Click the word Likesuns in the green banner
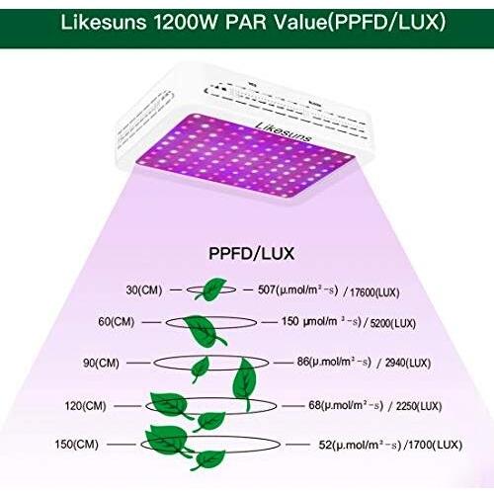coord(104,23)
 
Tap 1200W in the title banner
coord(186,23)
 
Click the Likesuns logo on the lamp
coord(284,131)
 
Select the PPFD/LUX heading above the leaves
coord(252,254)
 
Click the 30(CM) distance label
coord(144,290)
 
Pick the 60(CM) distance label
coord(117,321)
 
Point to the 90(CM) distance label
coord(101,363)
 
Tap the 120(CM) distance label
coord(86,405)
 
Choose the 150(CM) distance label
coord(77,444)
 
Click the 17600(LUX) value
coord(374,292)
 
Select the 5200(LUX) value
coord(393,323)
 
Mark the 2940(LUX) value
coord(408,363)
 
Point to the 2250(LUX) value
coord(419,406)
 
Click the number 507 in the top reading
coord(267,289)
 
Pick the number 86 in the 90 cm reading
coord(302,362)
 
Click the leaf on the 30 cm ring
coord(211,289)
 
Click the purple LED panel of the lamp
coord(246,155)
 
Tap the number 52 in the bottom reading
coord(324,445)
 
